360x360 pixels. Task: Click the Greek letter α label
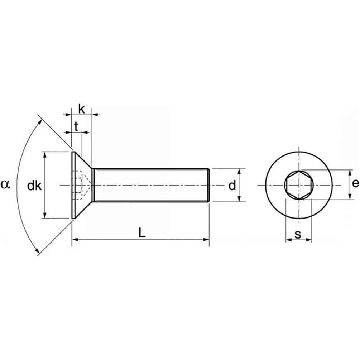[5, 184]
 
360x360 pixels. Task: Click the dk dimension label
[34, 186]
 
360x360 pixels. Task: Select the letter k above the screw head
[82, 109]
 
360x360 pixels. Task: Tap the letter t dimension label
[76, 126]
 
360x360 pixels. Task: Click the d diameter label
[232, 185]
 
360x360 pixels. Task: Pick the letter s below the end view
[298, 234]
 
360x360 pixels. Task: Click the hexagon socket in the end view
[299, 185]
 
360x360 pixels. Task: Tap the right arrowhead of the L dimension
[206, 240]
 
